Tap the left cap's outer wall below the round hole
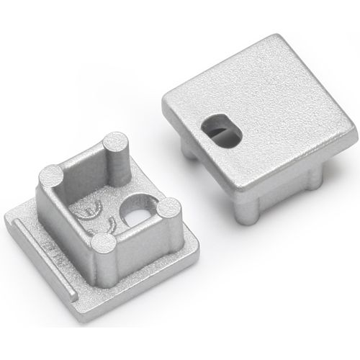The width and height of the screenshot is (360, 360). tap(144, 248)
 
